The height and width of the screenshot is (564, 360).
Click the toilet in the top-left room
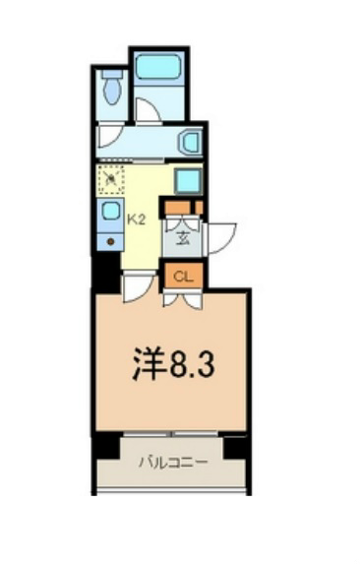110,91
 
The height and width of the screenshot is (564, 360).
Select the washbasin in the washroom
190,144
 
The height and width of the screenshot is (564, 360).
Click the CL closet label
182,277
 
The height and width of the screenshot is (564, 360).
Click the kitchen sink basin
110,211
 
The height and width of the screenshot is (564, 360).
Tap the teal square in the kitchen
187,181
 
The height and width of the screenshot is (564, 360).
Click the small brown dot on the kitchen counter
110,239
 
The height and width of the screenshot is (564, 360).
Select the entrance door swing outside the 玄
221,237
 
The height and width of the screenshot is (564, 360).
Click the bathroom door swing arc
148,110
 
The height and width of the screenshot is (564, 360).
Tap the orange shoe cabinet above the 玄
182,207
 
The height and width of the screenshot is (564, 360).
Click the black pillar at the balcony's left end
105,447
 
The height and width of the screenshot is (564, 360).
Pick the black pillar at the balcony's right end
236,447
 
